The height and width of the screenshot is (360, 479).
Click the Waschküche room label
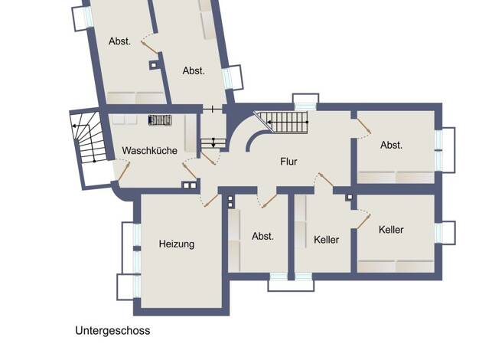150,150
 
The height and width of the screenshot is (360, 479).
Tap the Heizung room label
177,244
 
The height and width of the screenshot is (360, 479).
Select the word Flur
288,162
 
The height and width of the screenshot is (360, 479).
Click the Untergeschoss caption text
112,331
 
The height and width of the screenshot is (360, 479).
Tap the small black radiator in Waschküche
160,120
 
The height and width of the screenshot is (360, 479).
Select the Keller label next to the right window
391,230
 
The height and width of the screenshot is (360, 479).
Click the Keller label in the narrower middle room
326,240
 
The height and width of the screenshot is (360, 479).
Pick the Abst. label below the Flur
262,236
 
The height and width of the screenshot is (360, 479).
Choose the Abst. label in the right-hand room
391,145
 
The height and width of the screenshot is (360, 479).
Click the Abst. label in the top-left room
119,41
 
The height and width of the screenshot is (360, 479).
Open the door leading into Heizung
210,201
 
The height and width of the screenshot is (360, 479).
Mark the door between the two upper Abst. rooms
149,47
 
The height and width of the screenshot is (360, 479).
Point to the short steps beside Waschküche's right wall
213,143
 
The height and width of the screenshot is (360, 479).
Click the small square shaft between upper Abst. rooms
153,65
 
